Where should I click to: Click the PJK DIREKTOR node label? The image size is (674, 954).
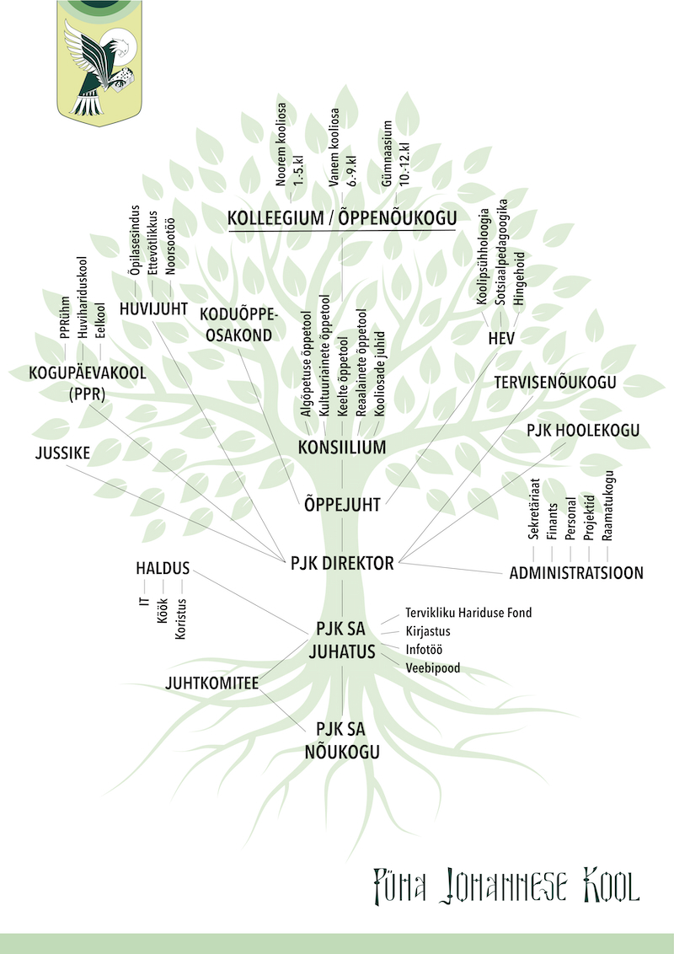342,563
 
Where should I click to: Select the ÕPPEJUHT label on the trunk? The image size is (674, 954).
342,506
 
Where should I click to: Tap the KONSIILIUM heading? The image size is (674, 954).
342,447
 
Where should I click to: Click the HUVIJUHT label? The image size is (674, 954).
153,308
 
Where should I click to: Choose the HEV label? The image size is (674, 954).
501,338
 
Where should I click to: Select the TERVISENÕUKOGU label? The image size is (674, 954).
555,382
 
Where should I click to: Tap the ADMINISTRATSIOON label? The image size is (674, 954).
576,573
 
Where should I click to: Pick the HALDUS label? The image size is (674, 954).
163,568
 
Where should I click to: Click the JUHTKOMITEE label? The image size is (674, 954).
212,683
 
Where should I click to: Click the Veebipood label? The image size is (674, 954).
433,668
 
